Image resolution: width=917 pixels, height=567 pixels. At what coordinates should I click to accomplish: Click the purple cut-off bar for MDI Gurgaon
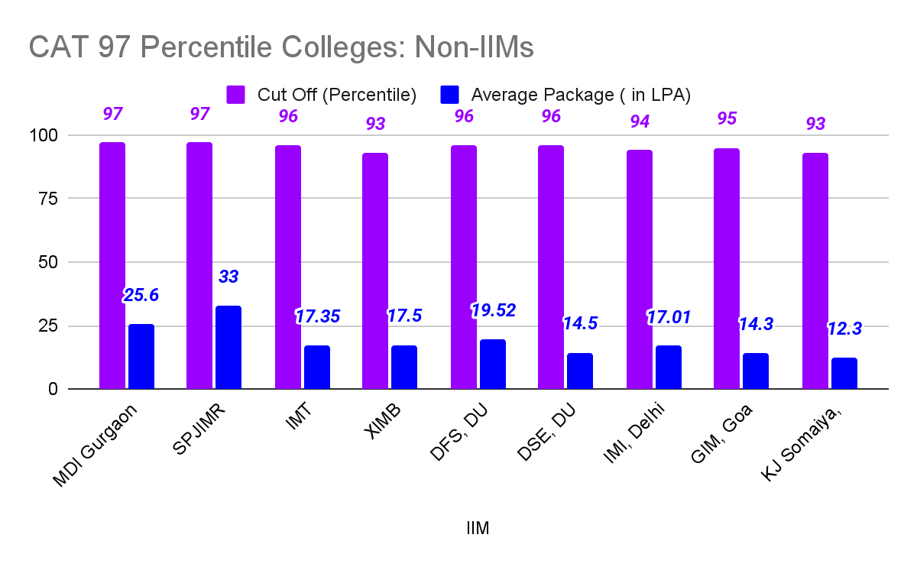click(112, 265)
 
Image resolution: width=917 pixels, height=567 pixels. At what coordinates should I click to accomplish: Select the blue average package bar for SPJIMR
click(228, 348)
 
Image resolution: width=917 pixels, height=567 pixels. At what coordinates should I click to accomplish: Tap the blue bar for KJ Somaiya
click(844, 374)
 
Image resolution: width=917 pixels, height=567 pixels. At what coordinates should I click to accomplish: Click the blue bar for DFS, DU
click(493, 364)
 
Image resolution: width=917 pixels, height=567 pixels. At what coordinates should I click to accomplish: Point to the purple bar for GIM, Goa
click(727, 268)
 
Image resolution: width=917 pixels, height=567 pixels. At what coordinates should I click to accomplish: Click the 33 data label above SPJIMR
click(228, 277)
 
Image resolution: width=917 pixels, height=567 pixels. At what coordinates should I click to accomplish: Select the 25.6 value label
click(141, 295)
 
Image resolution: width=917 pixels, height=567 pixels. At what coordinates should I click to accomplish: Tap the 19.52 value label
click(493, 310)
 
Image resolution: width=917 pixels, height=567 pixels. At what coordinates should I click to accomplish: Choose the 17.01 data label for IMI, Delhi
click(669, 316)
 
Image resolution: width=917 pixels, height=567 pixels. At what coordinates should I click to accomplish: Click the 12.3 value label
click(844, 329)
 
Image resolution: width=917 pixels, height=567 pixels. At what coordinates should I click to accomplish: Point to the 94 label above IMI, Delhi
click(640, 122)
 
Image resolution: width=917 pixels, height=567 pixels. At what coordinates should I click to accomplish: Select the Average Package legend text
click(581, 95)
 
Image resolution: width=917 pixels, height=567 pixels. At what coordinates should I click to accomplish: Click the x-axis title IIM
click(478, 528)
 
